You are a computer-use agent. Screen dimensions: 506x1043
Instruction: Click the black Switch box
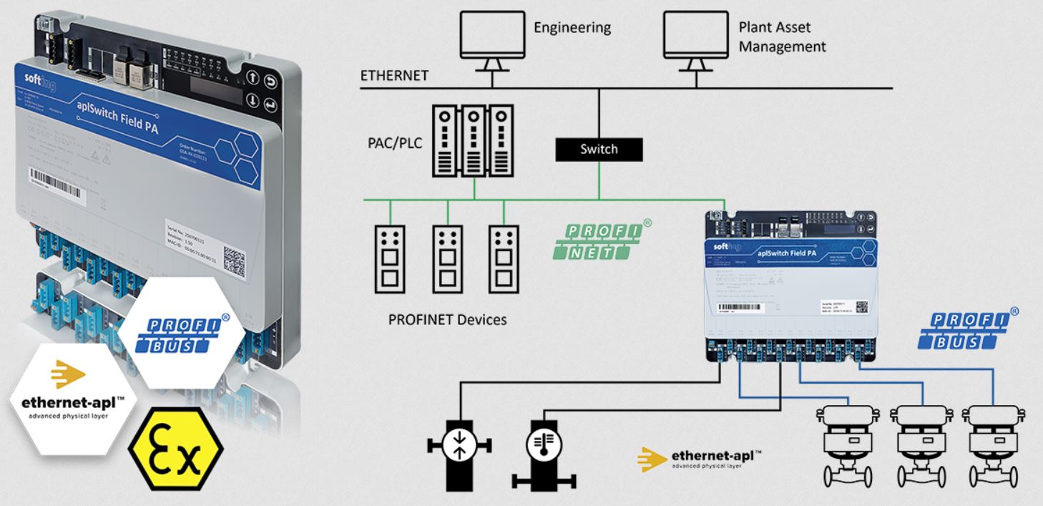tap(599, 149)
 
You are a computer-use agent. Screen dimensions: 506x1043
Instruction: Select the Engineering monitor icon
tap(491, 39)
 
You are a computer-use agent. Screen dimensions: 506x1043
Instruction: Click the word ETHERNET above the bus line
tap(394, 76)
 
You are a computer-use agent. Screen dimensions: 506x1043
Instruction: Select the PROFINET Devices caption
tap(447, 319)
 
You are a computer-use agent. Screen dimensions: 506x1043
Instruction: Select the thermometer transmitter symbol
tap(544, 447)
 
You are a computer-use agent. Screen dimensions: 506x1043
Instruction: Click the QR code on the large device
tap(235, 256)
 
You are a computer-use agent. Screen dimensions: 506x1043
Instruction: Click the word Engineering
tap(572, 28)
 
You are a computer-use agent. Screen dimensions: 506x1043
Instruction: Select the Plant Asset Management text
tap(782, 37)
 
